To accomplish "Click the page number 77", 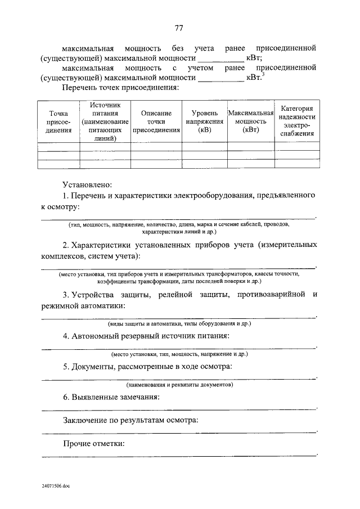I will tap(179, 29).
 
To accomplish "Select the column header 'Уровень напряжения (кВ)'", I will tap(205, 121).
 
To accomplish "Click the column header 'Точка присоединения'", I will tap(58, 121).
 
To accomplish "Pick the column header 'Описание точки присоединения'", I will tap(156, 121).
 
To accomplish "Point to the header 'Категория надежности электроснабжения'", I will tap(296, 121).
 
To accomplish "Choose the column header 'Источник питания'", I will tap(105, 121).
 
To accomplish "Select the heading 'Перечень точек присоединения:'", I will tap(121, 88).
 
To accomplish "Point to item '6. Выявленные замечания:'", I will tap(111, 397).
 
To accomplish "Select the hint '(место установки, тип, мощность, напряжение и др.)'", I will tap(179, 354).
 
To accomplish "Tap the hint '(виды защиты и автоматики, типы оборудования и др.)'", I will tap(179, 324).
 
